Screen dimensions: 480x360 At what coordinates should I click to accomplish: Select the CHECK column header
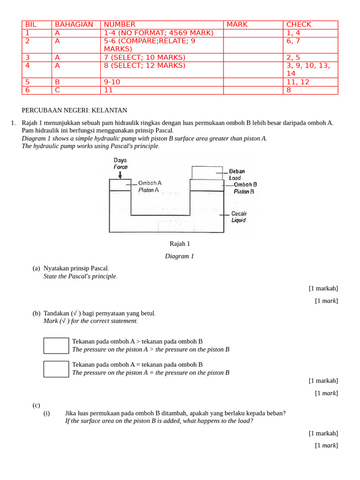299,24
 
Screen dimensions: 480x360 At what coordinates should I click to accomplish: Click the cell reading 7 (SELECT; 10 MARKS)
144,57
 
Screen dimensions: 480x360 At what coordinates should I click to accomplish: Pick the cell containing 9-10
112,82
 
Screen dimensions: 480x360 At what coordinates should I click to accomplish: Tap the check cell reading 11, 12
298,82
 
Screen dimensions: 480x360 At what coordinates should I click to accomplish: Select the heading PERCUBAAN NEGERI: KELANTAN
75,110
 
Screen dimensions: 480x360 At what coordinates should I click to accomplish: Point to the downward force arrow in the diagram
120,175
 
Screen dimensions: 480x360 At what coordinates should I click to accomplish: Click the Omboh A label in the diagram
150,186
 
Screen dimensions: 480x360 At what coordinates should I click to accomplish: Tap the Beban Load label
236,174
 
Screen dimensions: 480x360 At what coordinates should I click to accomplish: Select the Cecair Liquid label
239,217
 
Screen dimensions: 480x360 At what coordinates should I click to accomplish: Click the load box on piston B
207,172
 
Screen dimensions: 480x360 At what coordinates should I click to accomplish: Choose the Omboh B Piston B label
245,188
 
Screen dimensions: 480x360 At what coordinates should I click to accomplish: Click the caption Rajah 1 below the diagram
180,244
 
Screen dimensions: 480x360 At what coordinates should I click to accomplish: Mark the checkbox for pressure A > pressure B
56,345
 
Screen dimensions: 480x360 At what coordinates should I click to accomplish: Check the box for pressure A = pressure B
56,369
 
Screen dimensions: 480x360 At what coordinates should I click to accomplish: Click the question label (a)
36,268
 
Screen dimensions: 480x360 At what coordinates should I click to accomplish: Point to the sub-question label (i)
46,413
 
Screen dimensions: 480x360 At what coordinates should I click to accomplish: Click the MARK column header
237,24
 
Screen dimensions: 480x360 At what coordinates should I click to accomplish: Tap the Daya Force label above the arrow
120,163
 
